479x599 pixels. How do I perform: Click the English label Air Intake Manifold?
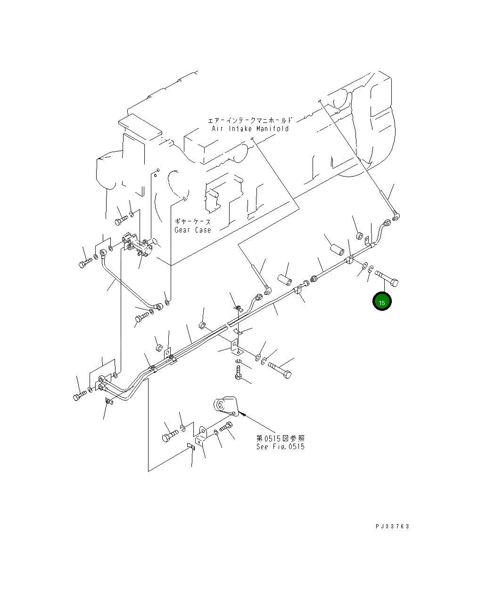point(249,129)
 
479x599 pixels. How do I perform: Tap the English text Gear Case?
point(193,230)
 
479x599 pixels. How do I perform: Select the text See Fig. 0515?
point(280,446)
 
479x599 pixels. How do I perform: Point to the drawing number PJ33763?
point(392,526)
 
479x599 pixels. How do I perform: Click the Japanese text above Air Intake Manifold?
point(249,120)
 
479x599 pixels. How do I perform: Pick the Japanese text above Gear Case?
point(192,221)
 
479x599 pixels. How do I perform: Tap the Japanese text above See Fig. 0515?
point(280,438)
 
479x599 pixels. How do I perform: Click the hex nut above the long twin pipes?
point(159,348)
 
